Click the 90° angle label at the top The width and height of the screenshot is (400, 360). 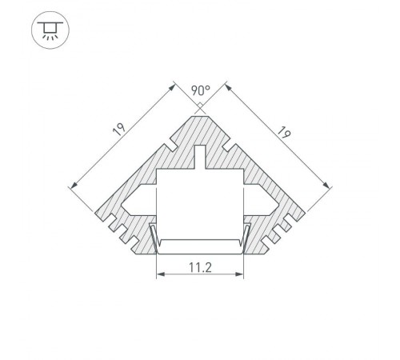pos(200,90)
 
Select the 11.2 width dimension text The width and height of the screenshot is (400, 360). pos(200,267)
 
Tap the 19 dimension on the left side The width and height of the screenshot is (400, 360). pos(118,129)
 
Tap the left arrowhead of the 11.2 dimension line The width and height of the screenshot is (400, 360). pos(158,274)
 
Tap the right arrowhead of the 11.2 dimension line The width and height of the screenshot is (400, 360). pos(242,274)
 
